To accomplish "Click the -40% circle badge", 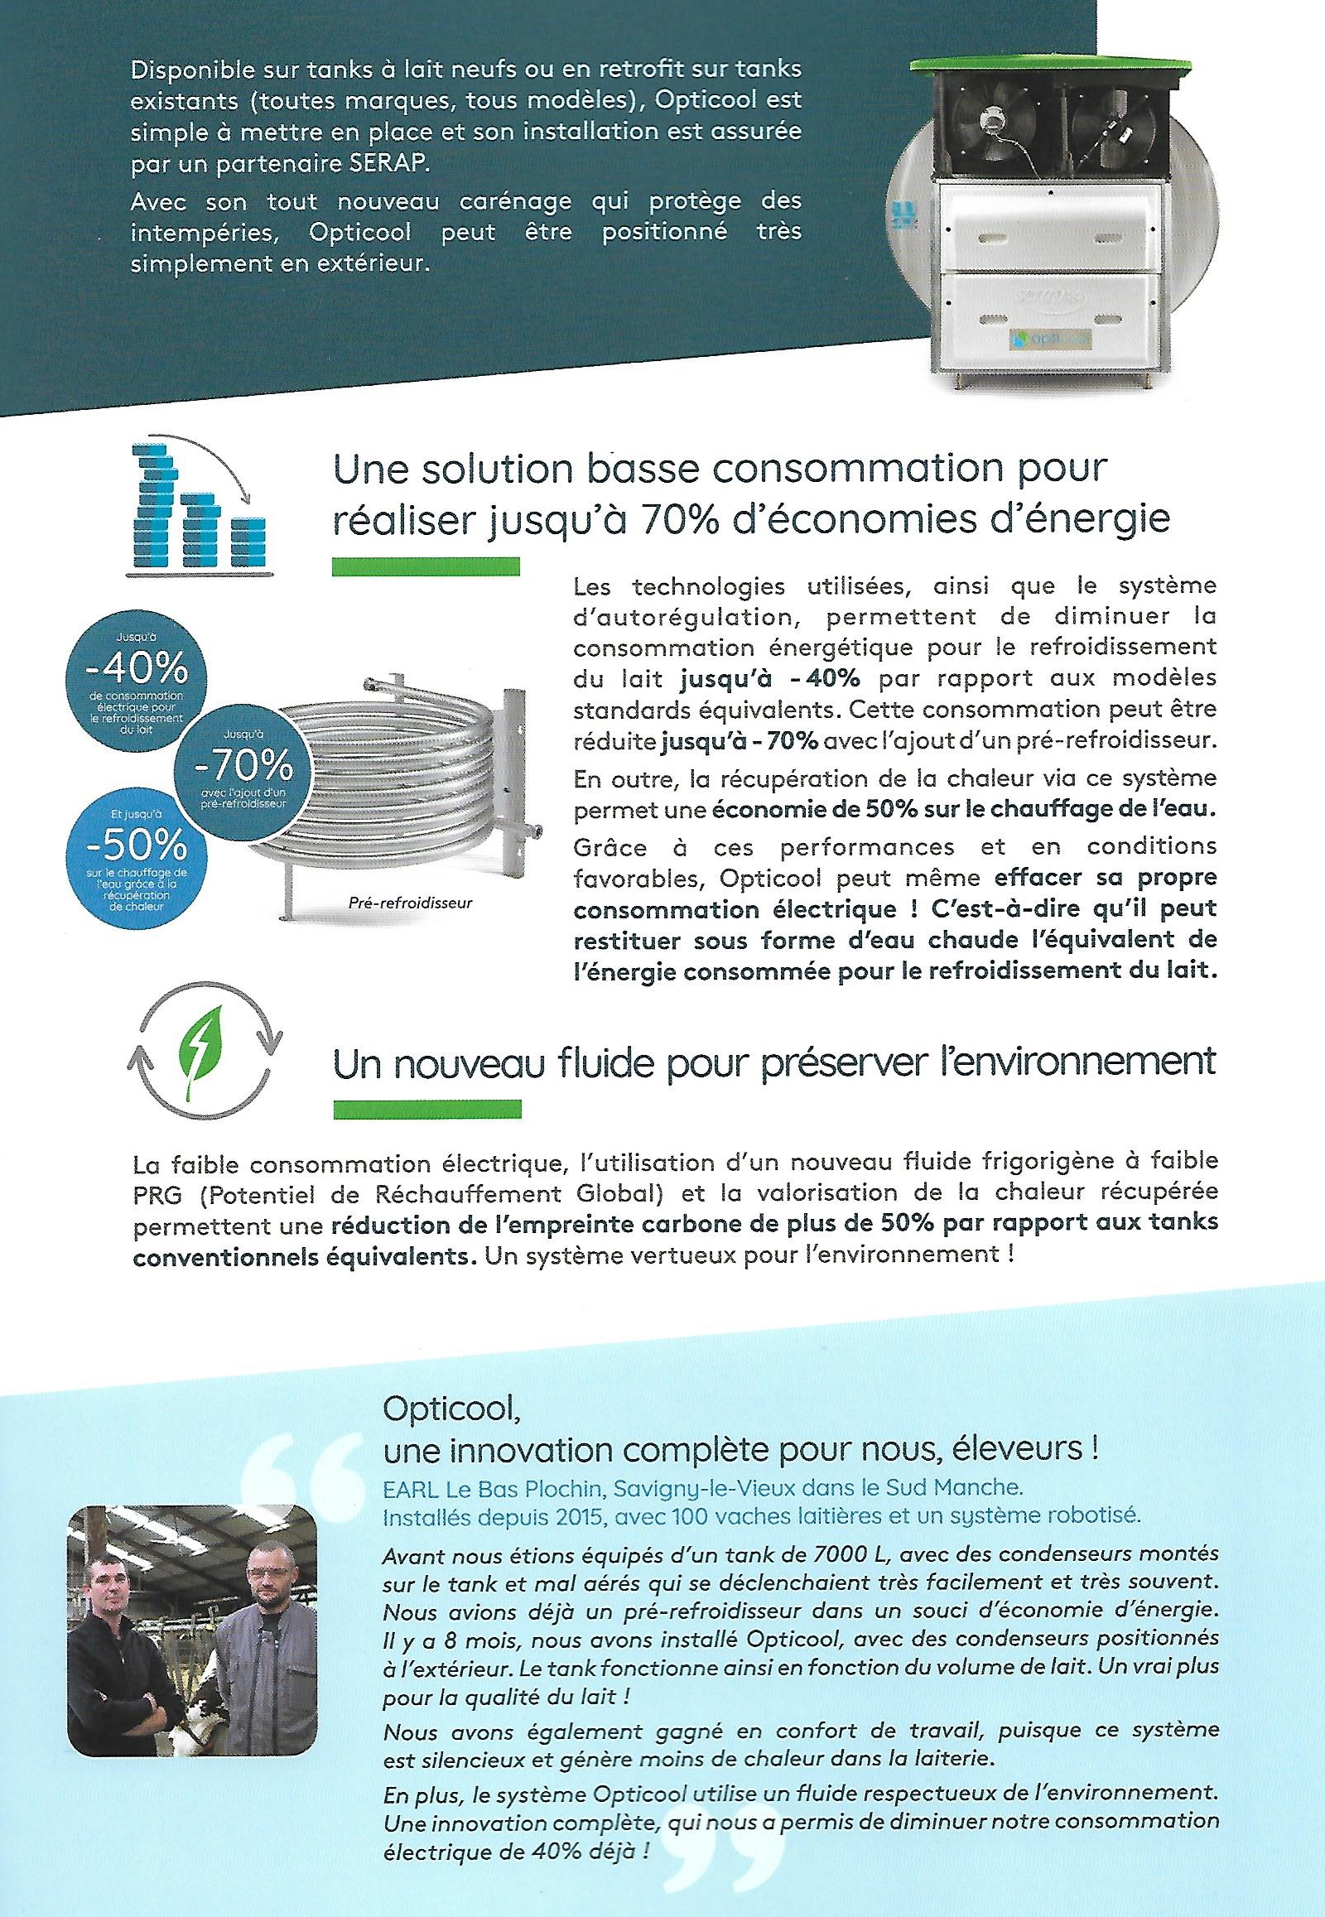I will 136,677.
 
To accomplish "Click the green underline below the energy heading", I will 425,567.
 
